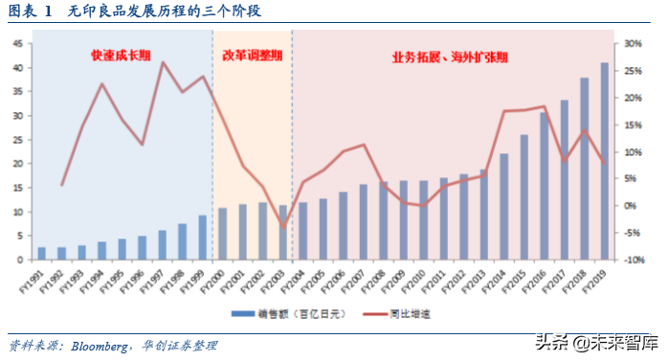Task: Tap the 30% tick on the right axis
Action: click(632, 44)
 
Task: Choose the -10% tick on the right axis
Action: click(632, 260)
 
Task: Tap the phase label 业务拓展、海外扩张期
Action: click(450, 57)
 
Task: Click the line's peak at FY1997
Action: click(163, 63)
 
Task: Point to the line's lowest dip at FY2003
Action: click(283, 228)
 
